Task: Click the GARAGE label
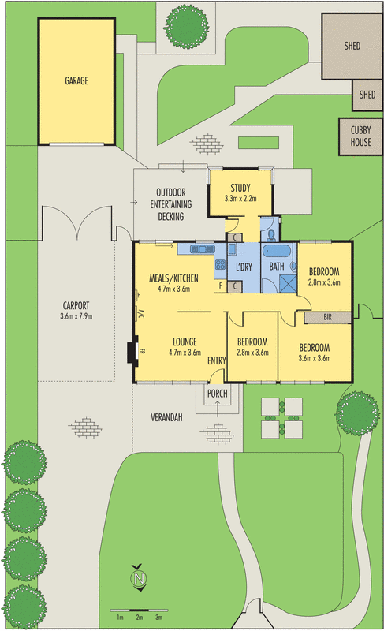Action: pyautogui.click(x=76, y=80)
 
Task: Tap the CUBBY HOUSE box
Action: pyautogui.click(x=360, y=137)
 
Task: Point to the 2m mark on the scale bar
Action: pyautogui.click(x=139, y=617)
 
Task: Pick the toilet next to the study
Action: pyautogui.click(x=270, y=233)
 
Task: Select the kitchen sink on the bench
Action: pyautogui.click(x=197, y=250)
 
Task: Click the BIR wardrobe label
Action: pyautogui.click(x=327, y=318)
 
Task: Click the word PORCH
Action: pyautogui.click(x=218, y=393)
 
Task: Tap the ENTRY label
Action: pyautogui.click(x=217, y=360)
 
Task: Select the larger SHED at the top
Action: pyautogui.click(x=352, y=46)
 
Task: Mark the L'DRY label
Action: pyautogui.click(x=243, y=267)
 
